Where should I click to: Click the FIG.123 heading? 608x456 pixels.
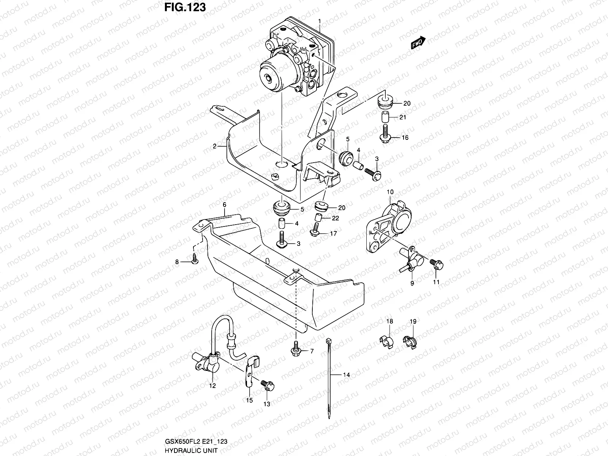pos(185,7)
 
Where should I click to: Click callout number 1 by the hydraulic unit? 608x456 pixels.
pos(320,21)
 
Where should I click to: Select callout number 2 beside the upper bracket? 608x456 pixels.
pos(214,146)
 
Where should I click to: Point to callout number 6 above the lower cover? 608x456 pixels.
pos(225,205)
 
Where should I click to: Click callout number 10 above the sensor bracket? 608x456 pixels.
pos(390,192)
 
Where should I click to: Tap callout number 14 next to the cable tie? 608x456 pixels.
pos(346,375)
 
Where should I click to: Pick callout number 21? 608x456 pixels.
pos(402,117)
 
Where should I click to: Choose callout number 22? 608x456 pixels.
pos(335,218)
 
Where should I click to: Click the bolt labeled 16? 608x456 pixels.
pos(385,137)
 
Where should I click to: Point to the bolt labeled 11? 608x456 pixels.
pos(435,263)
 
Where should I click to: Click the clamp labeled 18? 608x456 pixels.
pos(387,340)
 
